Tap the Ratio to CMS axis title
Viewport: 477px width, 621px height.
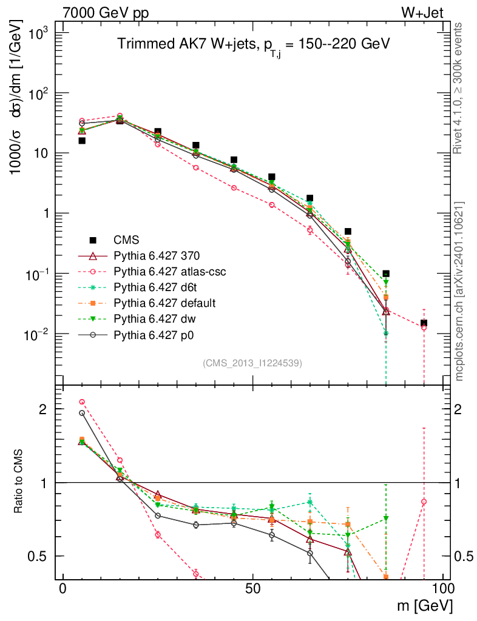pyautogui.click(x=21, y=482)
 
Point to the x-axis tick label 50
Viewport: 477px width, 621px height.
pyautogui.click(x=252, y=589)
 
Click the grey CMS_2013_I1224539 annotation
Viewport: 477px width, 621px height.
pyautogui.click(x=252, y=363)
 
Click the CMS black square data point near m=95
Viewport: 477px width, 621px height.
pyautogui.click(x=424, y=323)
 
